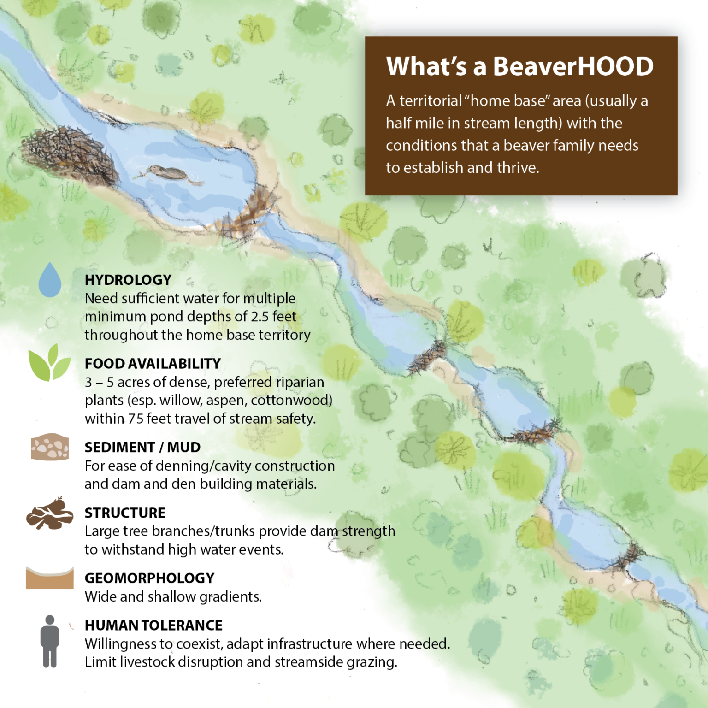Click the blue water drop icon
[50, 280]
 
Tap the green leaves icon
[49, 363]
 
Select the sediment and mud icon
[50, 447]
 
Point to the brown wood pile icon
[50, 513]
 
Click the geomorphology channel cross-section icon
[50, 578]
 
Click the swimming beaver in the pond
[171, 174]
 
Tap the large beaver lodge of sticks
[69, 154]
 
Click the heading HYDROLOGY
[128, 280]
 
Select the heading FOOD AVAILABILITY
[153, 364]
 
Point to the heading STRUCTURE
[125, 513]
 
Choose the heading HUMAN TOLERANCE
[153, 625]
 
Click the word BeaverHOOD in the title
[573, 66]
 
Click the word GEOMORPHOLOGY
[149, 578]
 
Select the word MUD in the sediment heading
[183, 447]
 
